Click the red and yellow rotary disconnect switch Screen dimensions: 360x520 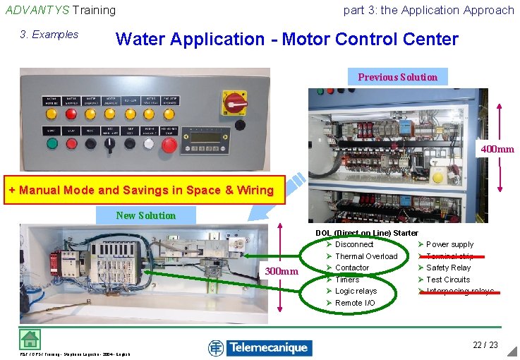point(236,103)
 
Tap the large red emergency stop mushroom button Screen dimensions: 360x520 point(169,145)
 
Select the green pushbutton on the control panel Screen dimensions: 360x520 point(52,143)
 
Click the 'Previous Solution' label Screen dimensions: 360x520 point(397,77)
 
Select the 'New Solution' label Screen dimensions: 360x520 point(145,215)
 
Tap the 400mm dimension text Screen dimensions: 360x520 point(497,149)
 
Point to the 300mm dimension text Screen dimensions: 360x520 point(282,271)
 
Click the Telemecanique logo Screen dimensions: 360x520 point(260,347)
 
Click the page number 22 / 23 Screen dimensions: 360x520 point(485,344)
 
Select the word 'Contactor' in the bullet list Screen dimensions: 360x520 point(352,268)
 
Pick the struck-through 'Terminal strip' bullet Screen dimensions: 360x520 point(449,256)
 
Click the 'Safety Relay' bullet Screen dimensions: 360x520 point(448,268)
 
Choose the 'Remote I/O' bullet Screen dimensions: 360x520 point(355,303)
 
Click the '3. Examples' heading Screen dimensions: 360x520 point(49,35)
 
